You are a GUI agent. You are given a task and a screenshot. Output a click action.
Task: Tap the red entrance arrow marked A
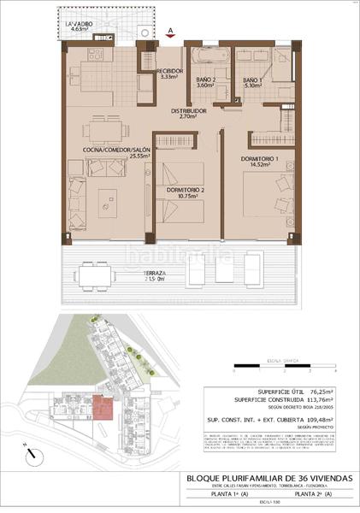pos(171,32)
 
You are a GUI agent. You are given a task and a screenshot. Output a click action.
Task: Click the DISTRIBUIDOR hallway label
pos(187,113)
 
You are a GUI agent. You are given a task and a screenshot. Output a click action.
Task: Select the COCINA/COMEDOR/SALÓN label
pos(117,151)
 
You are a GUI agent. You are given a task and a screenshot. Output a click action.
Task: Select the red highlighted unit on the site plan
pos(103,407)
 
